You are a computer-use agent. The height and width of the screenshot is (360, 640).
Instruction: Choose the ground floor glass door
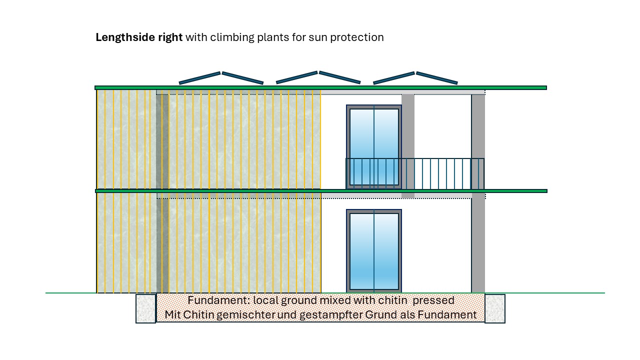pyautogui.click(x=374, y=251)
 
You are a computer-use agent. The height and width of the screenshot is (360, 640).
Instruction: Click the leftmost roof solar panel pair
pyautogui.click(x=221, y=77)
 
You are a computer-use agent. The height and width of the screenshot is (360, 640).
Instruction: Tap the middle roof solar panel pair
pyautogui.click(x=318, y=77)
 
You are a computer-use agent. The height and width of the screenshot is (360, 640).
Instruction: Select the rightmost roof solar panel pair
pyautogui.click(x=415, y=77)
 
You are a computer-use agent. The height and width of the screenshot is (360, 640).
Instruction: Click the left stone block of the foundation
pyautogui.click(x=145, y=308)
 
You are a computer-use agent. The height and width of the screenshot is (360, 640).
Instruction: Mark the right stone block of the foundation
pyautogui.click(x=495, y=308)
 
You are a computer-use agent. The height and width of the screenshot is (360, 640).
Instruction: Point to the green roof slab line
pyautogui.click(x=320, y=88)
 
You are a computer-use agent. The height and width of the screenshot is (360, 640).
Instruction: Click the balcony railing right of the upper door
pyautogui.click(x=442, y=173)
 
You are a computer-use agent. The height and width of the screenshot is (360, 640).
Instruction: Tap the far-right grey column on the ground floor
pyautogui.click(x=478, y=245)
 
